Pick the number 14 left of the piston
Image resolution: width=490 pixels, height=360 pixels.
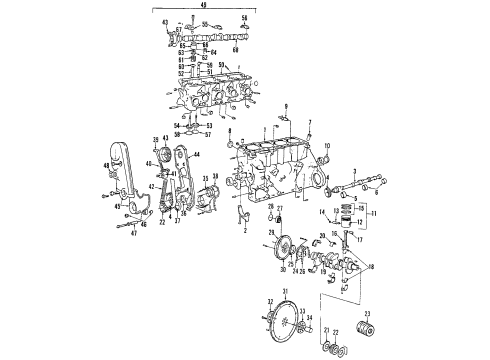pos(323,213)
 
